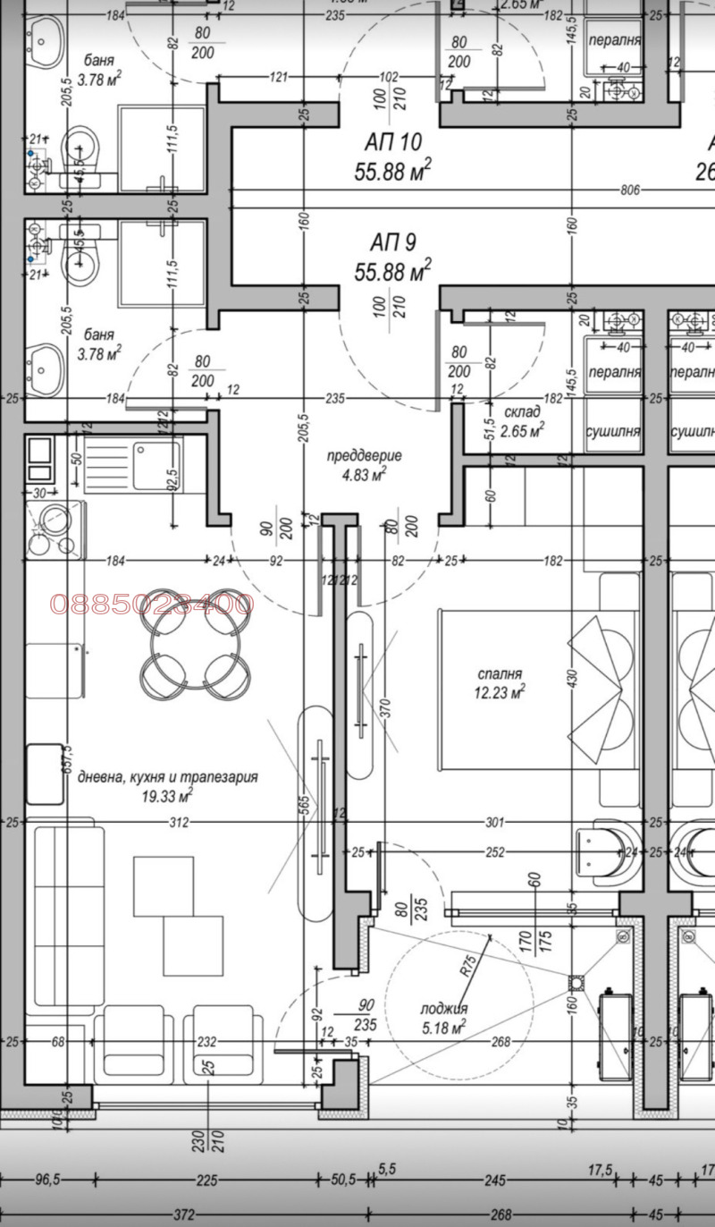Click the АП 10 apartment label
pos(393,142)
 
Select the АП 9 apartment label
pos(393,242)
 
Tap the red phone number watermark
pos(152,604)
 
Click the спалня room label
pos(500,673)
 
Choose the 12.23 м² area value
pos(500,691)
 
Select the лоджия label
pos(444,1009)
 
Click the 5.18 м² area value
pos(444,1028)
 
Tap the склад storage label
pos(522,412)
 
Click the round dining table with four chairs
pos(193,644)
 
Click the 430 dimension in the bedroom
pos(572,680)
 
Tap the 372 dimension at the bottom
pos(185,1214)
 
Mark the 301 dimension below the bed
pos(495,822)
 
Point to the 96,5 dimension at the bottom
pos(46,1180)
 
